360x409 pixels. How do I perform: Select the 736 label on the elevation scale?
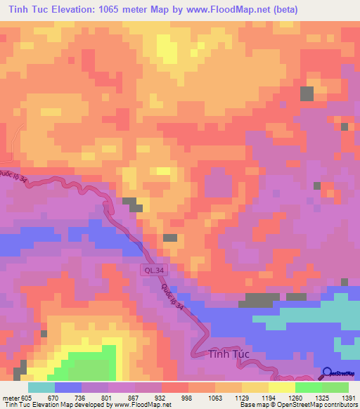coord(80,398)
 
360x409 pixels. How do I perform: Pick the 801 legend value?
coord(107,398)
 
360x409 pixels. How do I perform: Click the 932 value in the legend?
coord(160,398)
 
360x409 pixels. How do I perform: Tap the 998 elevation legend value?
coord(187,398)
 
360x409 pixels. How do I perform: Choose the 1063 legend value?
coord(214,398)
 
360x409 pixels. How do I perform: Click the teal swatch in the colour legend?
coord(41,387)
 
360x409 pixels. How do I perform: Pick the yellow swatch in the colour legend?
coord(281,387)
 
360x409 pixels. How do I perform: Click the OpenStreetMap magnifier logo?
coord(327,372)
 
